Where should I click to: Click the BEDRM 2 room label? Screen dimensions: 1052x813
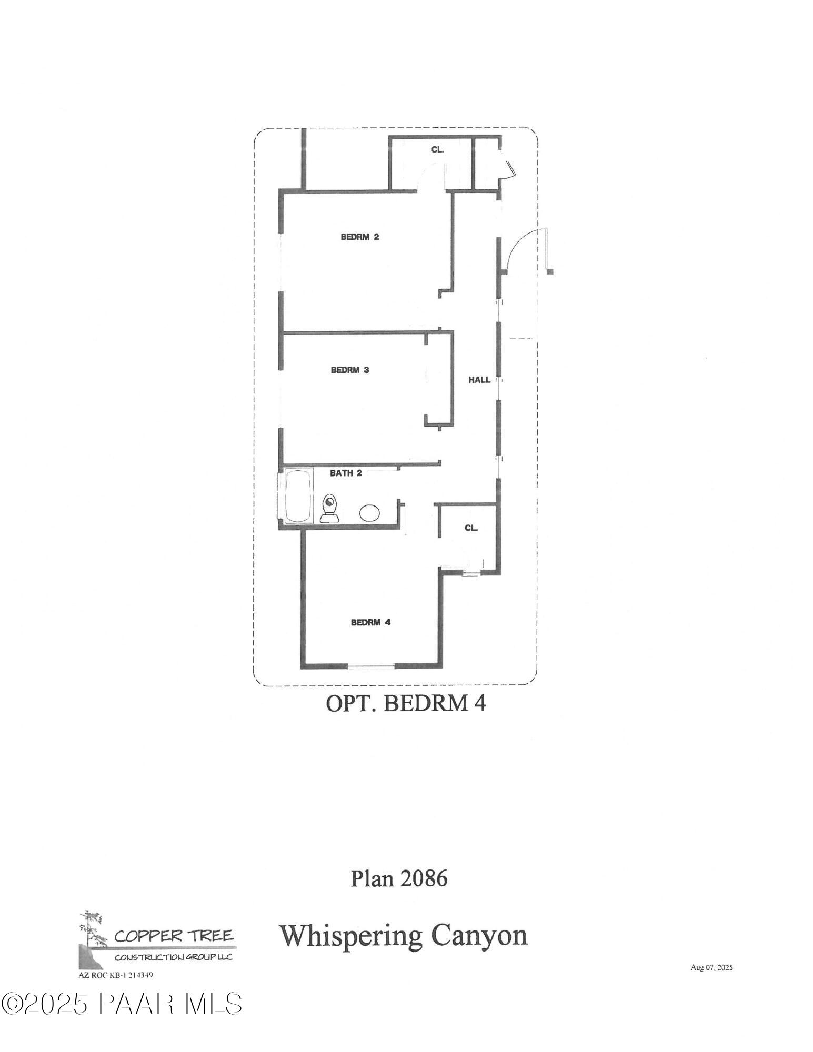click(x=359, y=237)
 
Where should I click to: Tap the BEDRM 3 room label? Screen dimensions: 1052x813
click(x=349, y=370)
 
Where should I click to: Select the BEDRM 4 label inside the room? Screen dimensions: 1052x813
click(x=370, y=622)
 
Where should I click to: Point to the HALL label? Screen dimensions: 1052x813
click(x=479, y=379)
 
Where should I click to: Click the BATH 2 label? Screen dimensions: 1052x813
click(x=346, y=473)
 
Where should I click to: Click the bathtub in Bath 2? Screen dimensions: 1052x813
click(x=298, y=497)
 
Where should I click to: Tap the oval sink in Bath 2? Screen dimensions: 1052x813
click(x=370, y=512)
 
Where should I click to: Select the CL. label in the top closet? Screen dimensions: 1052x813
click(x=437, y=149)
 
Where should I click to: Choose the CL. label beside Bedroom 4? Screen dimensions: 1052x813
click(x=471, y=528)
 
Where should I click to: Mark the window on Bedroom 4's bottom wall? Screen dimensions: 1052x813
click(x=372, y=667)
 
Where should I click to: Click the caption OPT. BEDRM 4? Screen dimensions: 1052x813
click(x=406, y=703)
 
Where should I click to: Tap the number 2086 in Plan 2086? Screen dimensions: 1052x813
click(x=424, y=878)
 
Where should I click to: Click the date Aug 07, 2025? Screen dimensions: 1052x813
click(x=711, y=967)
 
